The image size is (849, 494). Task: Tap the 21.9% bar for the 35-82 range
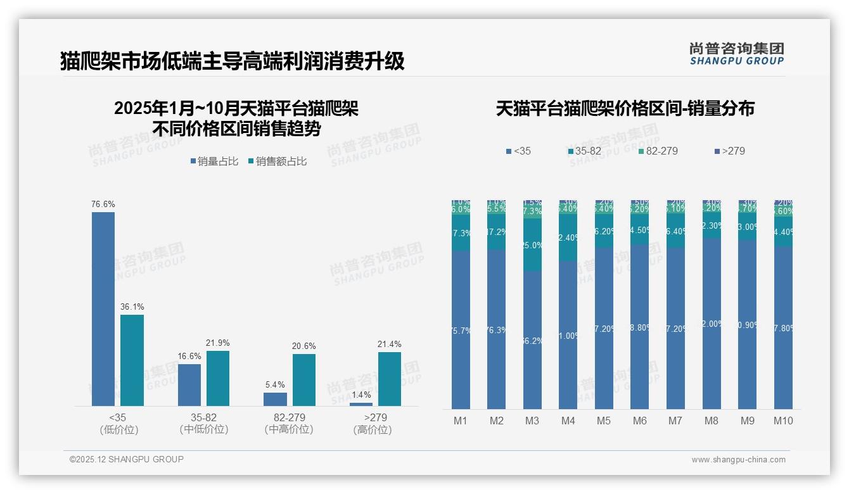tap(218, 378)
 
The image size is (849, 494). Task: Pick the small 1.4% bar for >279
tap(361, 404)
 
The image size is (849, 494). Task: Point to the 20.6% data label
tap(303, 346)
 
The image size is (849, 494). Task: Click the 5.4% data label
tap(275, 384)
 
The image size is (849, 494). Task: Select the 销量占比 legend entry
tap(214, 161)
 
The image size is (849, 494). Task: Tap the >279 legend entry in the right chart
tap(730, 151)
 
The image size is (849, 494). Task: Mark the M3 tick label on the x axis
tap(532, 421)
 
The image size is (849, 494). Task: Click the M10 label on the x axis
tap(783, 421)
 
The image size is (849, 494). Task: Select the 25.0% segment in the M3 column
tap(532, 245)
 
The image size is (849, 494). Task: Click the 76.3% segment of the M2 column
tap(497, 329)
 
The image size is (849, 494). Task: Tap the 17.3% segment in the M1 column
tap(461, 233)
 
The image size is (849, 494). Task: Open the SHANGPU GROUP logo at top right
tap(737, 54)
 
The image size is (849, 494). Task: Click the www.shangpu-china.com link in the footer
tap(738, 460)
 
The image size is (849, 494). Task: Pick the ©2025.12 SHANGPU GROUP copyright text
tap(127, 459)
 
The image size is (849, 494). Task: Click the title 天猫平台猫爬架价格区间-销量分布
tap(625, 109)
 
